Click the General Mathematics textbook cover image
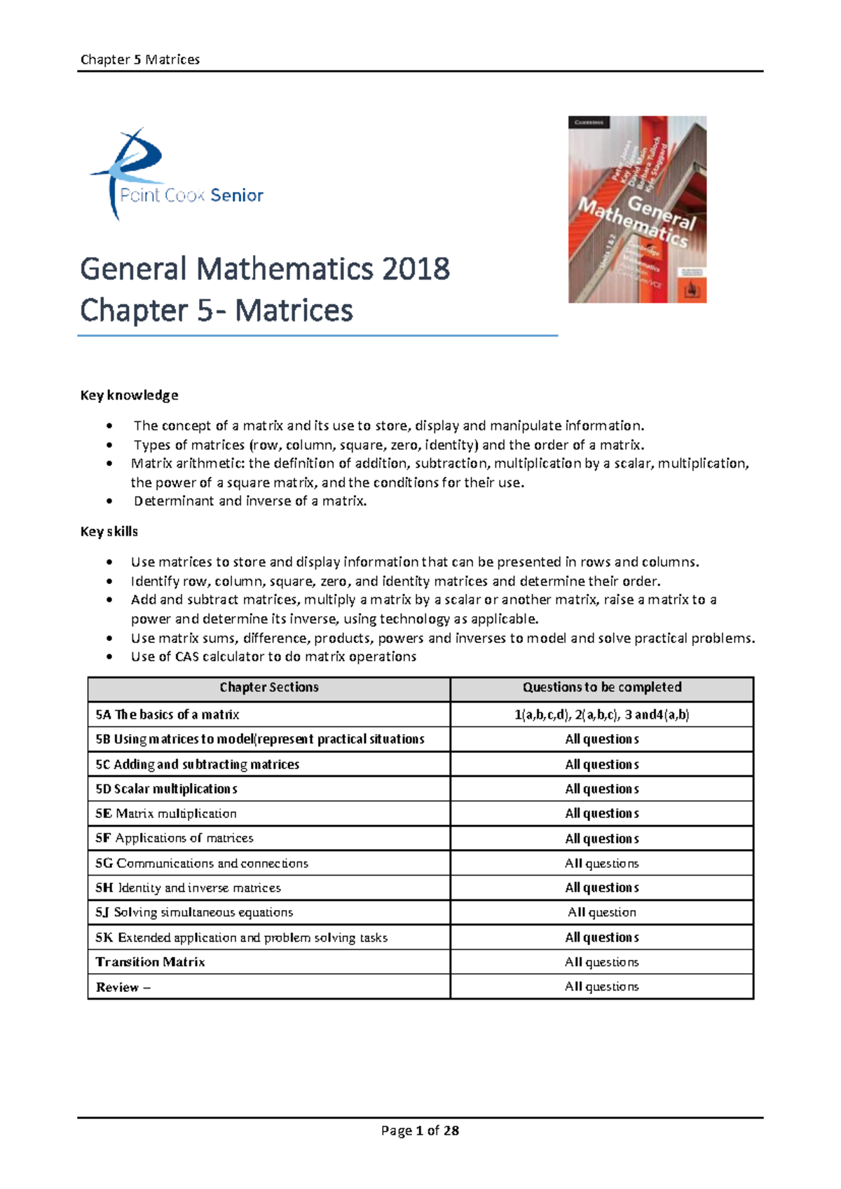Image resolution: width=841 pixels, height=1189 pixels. click(x=637, y=210)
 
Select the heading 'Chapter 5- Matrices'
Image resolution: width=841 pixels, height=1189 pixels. click(x=217, y=311)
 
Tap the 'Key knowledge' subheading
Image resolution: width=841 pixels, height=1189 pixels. click(x=129, y=395)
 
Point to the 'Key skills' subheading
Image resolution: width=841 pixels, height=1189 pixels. click(x=109, y=531)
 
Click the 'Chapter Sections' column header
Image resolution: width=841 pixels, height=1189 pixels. click(x=269, y=688)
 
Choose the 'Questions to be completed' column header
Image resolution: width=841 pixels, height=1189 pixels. click(x=602, y=688)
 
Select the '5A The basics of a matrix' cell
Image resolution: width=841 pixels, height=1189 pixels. click(x=167, y=714)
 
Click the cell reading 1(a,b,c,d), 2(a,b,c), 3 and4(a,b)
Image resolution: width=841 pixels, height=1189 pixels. click(x=602, y=714)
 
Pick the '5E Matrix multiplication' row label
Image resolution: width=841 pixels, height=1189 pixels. click(x=166, y=814)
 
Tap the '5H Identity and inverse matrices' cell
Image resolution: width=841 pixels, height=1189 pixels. click(x=189, y=888)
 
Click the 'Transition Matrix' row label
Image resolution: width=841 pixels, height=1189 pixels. click(x=150, y=962)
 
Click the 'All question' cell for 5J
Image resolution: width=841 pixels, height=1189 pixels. click(x=602, y=913)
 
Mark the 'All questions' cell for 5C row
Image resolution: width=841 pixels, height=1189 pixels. click(x=602, y=765)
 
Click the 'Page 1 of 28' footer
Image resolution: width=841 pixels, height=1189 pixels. click(x=420, y=1130)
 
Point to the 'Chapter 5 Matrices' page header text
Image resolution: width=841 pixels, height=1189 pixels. click(x=140, y=60)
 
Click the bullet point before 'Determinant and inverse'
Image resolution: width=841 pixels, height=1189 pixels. click(x=109, y=501)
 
